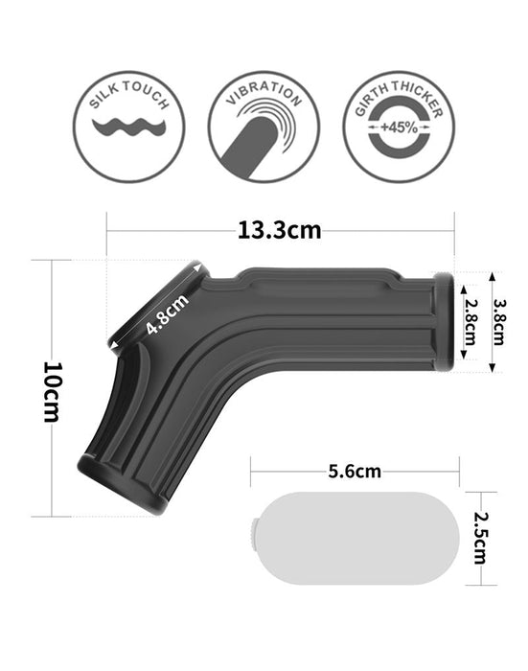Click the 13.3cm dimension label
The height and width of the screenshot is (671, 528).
(279, 230)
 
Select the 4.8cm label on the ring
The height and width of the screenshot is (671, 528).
(167, 313)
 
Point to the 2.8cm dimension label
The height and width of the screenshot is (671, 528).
(470, 322)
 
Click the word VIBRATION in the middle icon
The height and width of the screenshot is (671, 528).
(263, 96)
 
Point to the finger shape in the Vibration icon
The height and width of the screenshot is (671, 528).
(253, 139)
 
